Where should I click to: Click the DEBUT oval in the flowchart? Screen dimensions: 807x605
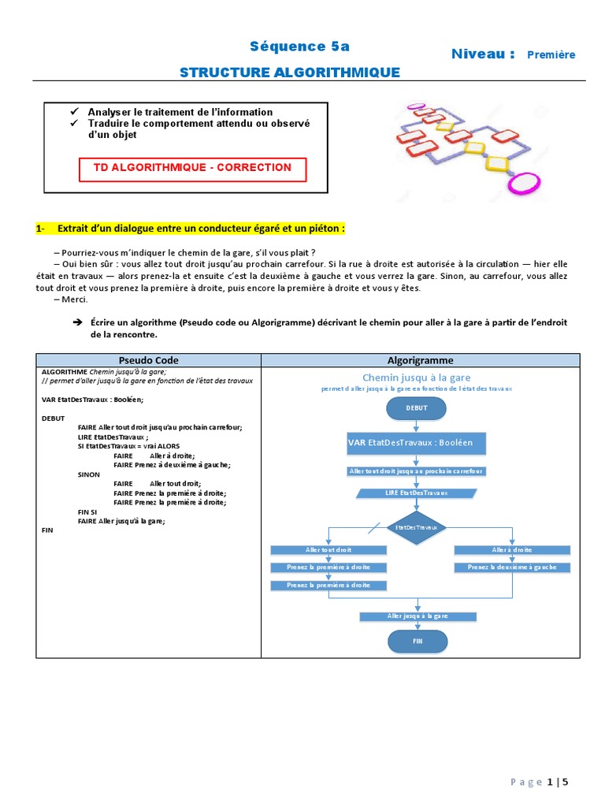tap(416, 409)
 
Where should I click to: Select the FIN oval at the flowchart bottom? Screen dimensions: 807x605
tap(418, 642)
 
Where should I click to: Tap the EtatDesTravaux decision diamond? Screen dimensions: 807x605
tap(417, 526)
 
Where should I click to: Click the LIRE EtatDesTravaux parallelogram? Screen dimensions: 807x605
tap(416, 493)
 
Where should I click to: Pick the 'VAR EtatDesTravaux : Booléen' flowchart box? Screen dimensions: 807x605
tap(416, 443)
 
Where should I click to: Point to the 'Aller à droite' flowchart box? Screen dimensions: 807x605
tap(511, 549)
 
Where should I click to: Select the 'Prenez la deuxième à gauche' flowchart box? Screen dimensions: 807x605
tap(511, 567)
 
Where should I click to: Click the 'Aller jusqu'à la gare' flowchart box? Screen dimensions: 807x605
tap(418, 615)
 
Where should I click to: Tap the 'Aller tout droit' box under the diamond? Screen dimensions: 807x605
tap(328, 549)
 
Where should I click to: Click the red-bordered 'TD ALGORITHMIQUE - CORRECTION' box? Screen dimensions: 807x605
tap(192, 169)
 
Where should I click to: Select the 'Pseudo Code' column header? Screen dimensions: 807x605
tap(148, 360)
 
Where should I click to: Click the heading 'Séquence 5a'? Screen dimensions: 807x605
tap(288, 46)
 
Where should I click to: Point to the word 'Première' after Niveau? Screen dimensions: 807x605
tap(551, 54)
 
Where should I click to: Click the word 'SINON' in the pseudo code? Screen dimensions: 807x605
tap(89, 475)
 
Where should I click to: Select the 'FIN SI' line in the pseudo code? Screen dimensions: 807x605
tap(87, 511)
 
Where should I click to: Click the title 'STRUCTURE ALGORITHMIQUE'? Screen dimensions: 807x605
tap(289, 73)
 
